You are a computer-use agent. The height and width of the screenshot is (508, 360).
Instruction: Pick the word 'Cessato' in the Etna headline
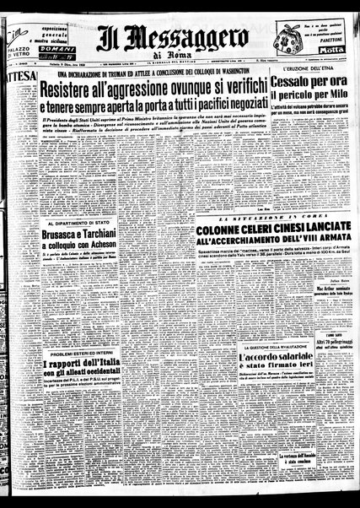[x=304, y=84]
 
